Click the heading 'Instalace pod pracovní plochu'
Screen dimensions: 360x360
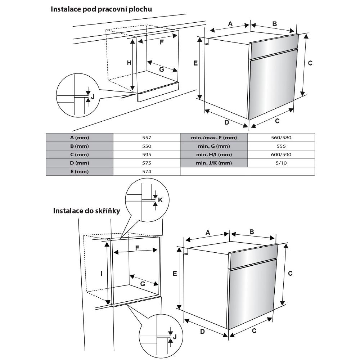(101, 9)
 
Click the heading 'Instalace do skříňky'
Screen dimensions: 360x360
(86, 210)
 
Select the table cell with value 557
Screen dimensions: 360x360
(147, 138)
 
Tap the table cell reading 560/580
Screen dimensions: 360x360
(281, 138)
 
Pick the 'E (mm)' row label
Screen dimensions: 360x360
(80, 171)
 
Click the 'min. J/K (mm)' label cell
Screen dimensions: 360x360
(214, 163)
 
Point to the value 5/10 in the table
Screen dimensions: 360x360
(281, 163)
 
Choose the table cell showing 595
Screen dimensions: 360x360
(147, 154)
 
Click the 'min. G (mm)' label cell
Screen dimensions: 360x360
(214, 146)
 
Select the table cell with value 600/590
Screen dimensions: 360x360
(281, 154)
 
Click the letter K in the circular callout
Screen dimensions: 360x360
(161, 200)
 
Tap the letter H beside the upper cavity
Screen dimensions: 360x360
(129, 63)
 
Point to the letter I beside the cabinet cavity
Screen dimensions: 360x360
(102, 274)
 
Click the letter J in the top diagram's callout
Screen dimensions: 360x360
(93, 96)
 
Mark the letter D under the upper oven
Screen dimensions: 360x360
(227, 122)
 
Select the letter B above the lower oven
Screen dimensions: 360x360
(252, 232)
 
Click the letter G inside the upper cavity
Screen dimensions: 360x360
(162, 69)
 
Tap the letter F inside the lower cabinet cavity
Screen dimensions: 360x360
(137, 248)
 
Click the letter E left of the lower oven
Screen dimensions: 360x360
(175, 274)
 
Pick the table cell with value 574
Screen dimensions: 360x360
(147, 171)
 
